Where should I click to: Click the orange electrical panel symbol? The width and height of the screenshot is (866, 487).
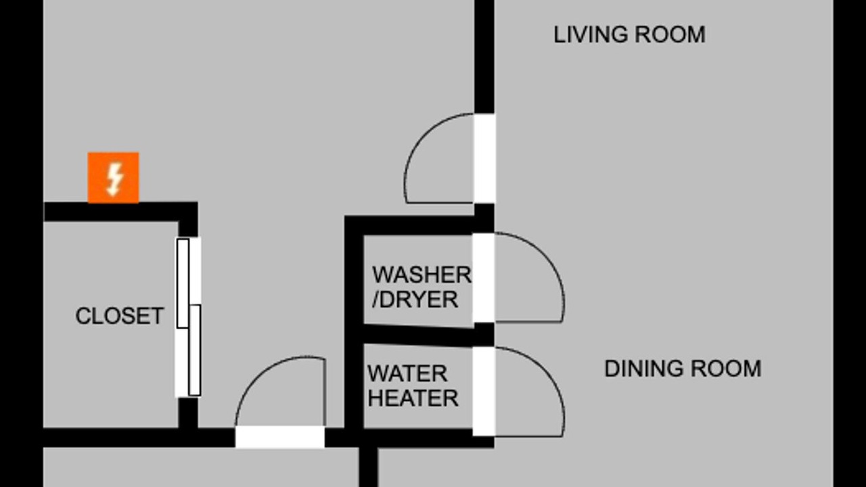113,177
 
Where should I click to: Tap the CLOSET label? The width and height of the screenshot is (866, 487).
119,316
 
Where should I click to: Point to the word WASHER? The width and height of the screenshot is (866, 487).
421,275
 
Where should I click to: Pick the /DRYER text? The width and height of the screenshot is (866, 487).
415,300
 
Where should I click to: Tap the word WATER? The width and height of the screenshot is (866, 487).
407,373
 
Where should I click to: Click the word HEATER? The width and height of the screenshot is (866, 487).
413,398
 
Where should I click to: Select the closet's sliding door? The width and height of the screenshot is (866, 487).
189,317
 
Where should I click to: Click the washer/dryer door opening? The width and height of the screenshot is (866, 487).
483,277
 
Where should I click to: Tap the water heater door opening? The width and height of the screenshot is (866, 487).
483,391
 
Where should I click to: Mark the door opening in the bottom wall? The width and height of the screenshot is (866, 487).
279,436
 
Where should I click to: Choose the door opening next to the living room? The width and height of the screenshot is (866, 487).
484,158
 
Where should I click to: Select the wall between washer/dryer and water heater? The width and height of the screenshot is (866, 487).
419,335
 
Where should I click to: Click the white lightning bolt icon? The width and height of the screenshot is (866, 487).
114,178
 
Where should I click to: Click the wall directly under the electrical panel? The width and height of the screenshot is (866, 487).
114,211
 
